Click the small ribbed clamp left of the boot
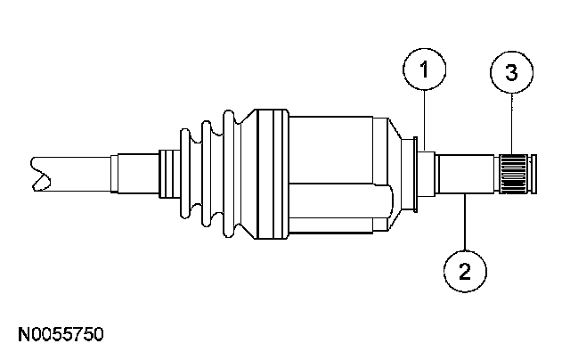point(167,174)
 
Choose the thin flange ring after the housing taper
point(417,174)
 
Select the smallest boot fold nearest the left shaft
point(187,174)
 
